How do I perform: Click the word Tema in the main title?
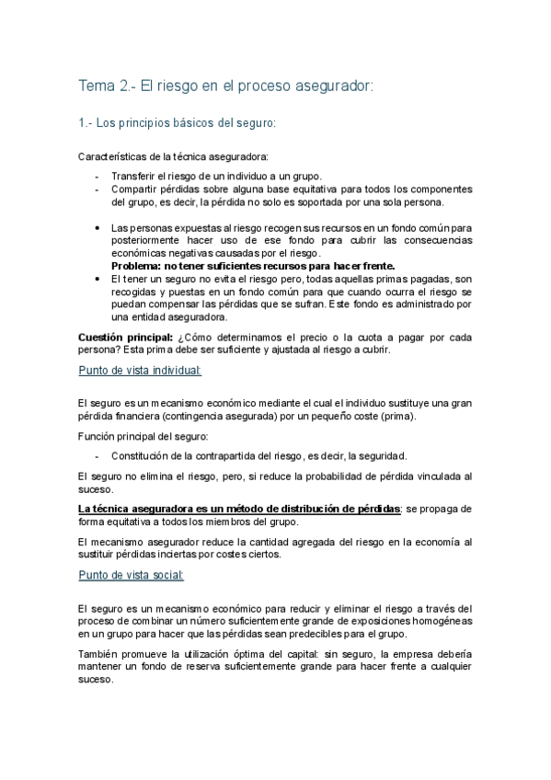point(96,86)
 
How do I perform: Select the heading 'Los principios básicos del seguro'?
point(187,121)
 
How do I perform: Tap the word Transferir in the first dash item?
point(135,177)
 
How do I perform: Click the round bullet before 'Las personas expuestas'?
point(98,226)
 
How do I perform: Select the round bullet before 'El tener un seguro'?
point(98,278)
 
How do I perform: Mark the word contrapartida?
point(241,455)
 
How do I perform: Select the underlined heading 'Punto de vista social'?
point(131,575)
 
